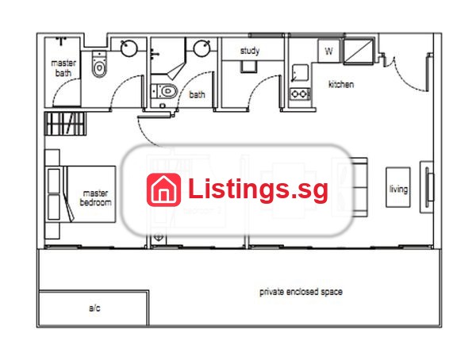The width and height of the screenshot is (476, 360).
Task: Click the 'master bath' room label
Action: pos(63,68)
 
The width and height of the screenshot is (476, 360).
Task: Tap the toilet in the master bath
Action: pos(99,64)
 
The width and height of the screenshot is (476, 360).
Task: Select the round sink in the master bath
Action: pos(129,48)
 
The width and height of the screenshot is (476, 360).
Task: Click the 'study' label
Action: pos(250,51)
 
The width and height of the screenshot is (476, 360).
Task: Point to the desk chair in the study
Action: pos(248,67)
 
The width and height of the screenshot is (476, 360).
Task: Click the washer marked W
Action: pos(328,51)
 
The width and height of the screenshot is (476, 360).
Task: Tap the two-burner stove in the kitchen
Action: pos(300,94)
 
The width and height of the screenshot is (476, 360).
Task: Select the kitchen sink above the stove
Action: pos(300,73)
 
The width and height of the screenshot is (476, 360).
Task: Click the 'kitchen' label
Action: pos(341,84)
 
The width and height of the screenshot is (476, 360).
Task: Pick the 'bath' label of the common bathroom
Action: pos(197,94)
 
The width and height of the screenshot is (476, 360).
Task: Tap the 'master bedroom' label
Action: pos(95,197)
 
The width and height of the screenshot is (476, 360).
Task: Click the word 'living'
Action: pos(398,190)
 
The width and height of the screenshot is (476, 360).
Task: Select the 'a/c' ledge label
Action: pos(94,308)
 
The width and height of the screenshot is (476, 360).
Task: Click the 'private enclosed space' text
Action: pos(301,292)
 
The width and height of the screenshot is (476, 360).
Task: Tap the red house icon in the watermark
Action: pos(163,190)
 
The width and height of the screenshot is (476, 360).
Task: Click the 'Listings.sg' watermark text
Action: pos(258,190)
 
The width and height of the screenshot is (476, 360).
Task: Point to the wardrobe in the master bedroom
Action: pos(65,124)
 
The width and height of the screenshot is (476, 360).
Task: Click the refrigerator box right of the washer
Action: pos(359,52)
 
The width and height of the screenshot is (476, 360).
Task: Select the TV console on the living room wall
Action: pos(427,187)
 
